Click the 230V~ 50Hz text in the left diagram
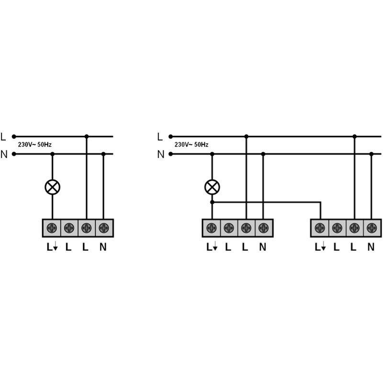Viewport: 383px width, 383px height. point(34,145)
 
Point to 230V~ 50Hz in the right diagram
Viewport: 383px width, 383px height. point(191,145)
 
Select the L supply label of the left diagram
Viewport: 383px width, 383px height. point(3,137)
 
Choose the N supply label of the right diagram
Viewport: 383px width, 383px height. point(161,154)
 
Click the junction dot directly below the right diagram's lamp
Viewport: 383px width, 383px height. point(212,202)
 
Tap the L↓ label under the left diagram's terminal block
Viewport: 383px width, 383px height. point(52,247)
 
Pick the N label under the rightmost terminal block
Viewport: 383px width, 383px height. point(371,247)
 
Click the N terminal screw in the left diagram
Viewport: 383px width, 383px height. point(104,228)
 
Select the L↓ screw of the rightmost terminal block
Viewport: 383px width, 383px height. point(320,228)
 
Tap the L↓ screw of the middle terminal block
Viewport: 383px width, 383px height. point(212,228)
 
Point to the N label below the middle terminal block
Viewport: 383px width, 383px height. point(262,247)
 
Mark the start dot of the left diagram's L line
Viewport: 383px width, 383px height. point(14,136)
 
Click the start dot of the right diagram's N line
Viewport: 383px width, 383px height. point(171,154)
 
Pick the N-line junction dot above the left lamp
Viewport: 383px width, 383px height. point(53,154)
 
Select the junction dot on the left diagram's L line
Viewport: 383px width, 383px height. point(87,136)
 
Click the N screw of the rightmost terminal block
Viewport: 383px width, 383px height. point(372,228)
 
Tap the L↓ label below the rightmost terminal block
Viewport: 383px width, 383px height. point(320,247)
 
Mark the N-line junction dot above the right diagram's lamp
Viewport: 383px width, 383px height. point(212,154)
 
